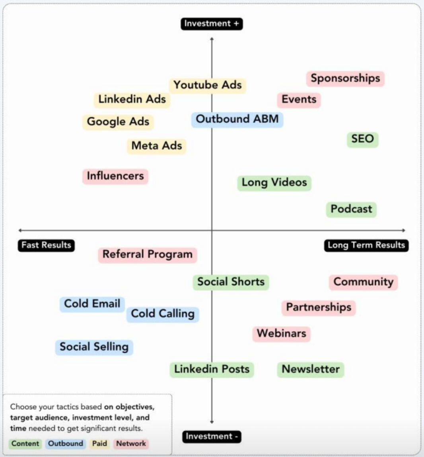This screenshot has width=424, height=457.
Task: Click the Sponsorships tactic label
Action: coord(345,78)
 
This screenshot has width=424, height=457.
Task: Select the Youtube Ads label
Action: coord(208,85)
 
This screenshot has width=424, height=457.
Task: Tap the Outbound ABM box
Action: coord(237,119)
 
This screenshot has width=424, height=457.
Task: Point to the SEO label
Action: coord(362,139)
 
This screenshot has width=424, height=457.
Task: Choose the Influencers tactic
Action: coord(115,176)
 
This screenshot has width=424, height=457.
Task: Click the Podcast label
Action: coord(351,209)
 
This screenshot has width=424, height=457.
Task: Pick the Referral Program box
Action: coord(148,254)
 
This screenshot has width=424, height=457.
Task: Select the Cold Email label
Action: coord(92,304)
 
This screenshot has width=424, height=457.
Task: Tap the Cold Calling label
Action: coord(163,314)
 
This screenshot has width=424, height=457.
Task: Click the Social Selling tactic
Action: coord(94,347)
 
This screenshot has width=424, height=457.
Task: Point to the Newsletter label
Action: coord(311,369)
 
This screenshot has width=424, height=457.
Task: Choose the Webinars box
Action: coord(281,333)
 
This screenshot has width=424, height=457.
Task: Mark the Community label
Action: coord(363,282)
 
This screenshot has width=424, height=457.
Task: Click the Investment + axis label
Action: coord(212,23)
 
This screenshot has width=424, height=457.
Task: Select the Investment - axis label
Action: coord(212,436)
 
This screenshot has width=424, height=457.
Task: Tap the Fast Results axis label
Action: coord(46,245)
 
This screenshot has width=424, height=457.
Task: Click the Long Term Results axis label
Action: coord(366,245)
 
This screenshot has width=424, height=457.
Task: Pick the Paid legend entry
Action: coord(99,443)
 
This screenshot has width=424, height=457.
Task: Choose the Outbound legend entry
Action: coord(66,443)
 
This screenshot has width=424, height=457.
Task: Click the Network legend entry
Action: coord(131,443)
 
